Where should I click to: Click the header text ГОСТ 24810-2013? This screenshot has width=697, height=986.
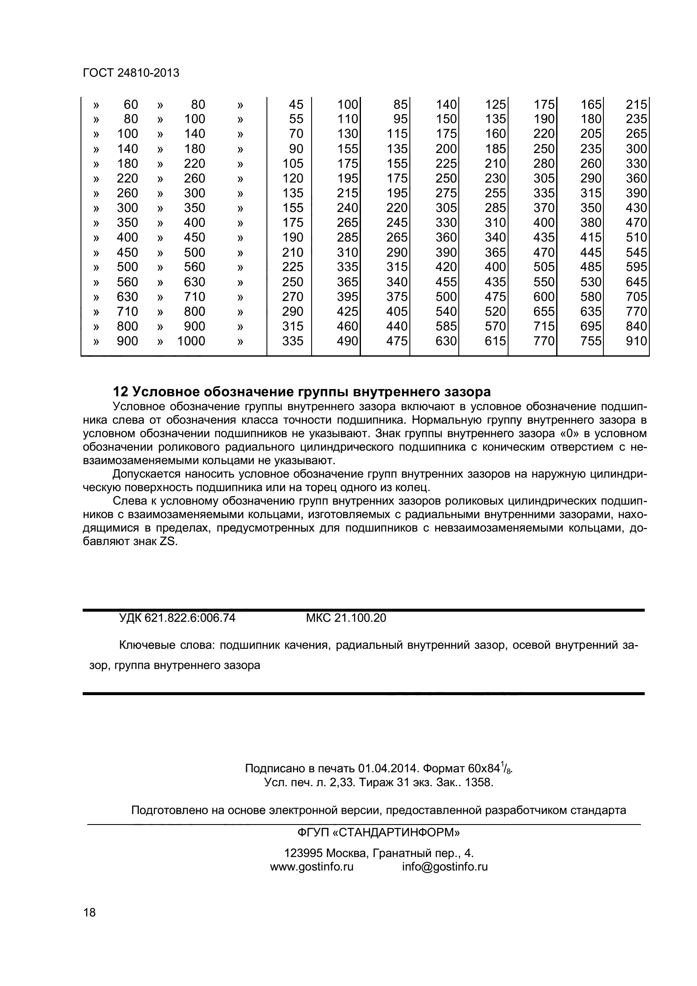coord(131,73)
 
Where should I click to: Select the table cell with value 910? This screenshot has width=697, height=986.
coord(636,341)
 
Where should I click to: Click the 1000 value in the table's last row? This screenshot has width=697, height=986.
coord(191,341)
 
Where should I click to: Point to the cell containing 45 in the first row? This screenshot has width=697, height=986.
coord(296,105)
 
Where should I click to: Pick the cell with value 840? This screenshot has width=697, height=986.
coord(636,326)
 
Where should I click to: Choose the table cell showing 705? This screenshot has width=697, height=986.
coord(636,297)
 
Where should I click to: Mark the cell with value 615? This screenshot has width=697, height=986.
coord(495,341)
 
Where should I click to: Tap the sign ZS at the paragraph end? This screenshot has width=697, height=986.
coord(168,542)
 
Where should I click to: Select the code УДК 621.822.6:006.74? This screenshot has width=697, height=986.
coord(177,618)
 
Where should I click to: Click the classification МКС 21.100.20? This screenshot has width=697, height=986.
coord(346,618)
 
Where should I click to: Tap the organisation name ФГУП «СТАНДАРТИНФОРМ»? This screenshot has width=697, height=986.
coord(378,833)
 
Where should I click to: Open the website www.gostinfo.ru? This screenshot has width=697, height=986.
coord(311,867)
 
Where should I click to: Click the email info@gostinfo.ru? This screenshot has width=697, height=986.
coord(445,867)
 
